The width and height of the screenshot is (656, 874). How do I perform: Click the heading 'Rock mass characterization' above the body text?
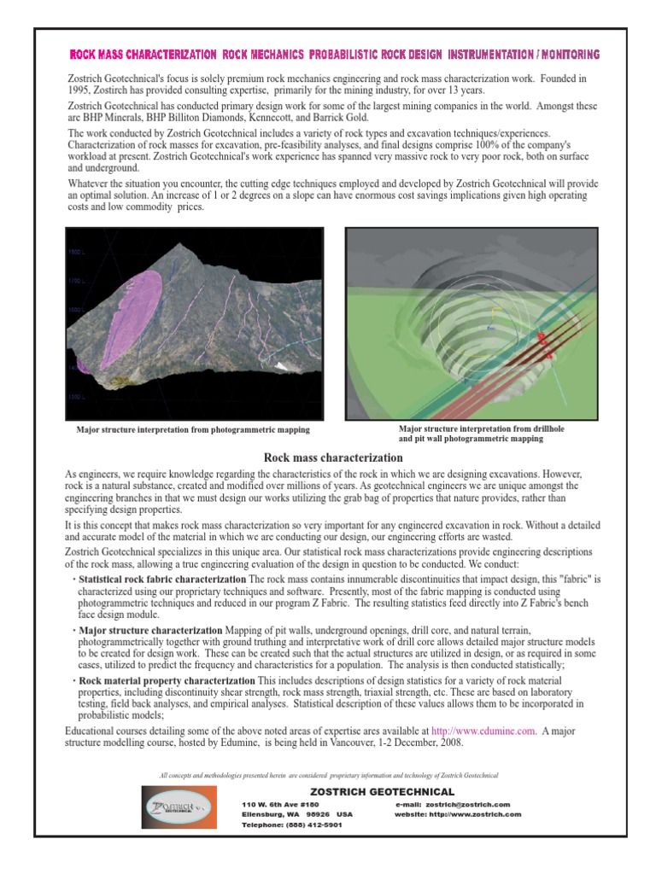[333, 458]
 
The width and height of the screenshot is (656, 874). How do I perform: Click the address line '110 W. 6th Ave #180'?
[280, 804]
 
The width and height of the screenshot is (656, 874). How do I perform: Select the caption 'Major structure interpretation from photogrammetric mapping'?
[193, 430]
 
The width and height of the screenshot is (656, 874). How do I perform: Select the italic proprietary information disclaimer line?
[329, 774]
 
